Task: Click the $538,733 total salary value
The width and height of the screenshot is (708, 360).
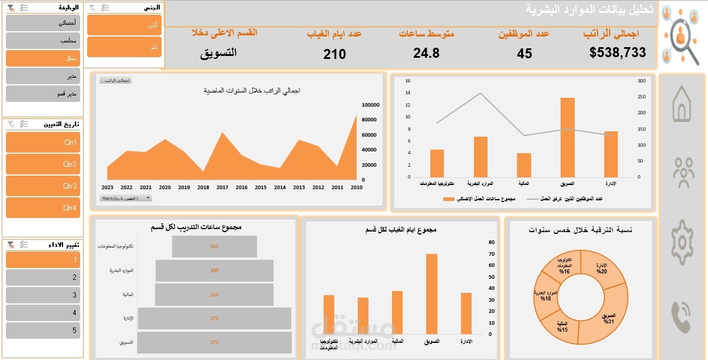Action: click(x=617, y=52)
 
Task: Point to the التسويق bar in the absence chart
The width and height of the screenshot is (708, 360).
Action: click(x=432, y=295)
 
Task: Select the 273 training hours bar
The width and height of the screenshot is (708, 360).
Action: click(x=215, y=342)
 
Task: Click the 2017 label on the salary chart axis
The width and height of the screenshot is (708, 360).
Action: click(x=222, y=187)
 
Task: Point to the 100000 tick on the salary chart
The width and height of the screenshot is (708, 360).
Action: click(x=370, y=105)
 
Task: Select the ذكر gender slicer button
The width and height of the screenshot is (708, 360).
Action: click(x=124, y=47)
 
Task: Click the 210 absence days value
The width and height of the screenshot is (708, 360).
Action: click(x=335, y=54)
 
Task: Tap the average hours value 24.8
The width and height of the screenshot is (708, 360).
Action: click(x=426, y=53)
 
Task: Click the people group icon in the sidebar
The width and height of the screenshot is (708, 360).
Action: click(x=683, y=173)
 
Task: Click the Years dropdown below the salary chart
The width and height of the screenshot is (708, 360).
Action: click(x=126, y=199)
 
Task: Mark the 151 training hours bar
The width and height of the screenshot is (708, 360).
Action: click(x=215, y=246)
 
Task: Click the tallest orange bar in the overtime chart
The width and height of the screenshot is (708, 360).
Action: click(x=567, y=137)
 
